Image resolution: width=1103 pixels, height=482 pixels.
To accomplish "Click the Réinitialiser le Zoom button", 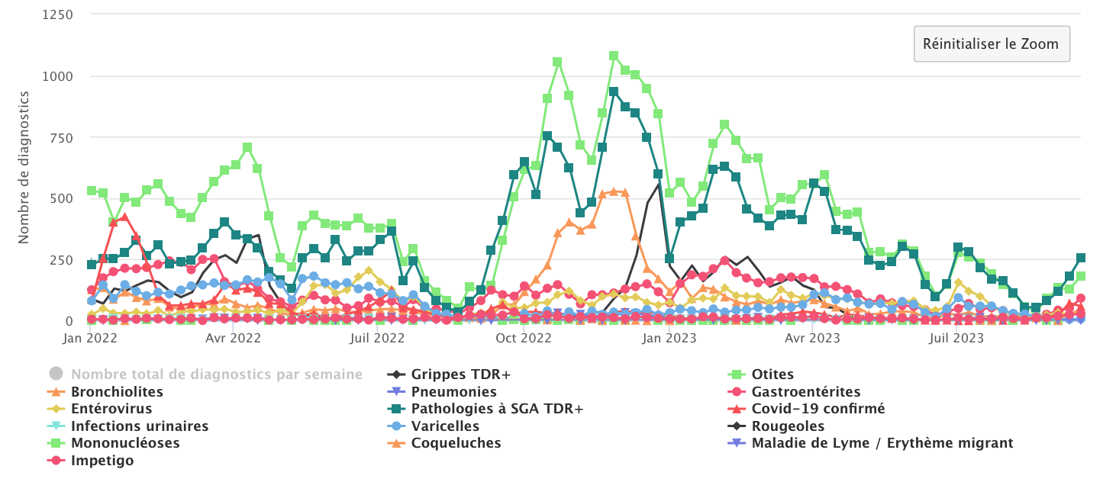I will click(991, 43).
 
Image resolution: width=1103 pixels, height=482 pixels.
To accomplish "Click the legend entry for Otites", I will click(772, 374).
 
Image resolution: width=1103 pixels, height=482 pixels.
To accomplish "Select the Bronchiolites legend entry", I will click(117, 392).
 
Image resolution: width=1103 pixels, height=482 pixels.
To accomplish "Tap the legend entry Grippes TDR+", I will click(460, 374).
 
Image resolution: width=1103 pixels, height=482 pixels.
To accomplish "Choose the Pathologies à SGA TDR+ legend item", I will click(497, 409).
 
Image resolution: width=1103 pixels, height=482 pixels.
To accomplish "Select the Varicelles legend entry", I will click(445, 426).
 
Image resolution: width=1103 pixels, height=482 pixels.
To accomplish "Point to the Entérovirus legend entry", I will click(111, 409).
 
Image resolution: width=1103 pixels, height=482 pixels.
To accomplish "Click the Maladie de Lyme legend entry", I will click(882, 443).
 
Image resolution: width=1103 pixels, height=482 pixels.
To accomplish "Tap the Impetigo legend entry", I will click(102, 461).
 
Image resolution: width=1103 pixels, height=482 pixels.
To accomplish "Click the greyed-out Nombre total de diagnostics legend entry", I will click(217, 374).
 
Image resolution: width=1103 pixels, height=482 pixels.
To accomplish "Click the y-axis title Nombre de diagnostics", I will click(24, 167).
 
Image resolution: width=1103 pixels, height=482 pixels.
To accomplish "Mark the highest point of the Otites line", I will click(613, 56).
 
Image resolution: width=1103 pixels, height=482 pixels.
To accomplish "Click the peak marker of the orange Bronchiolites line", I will click(613, 192).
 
